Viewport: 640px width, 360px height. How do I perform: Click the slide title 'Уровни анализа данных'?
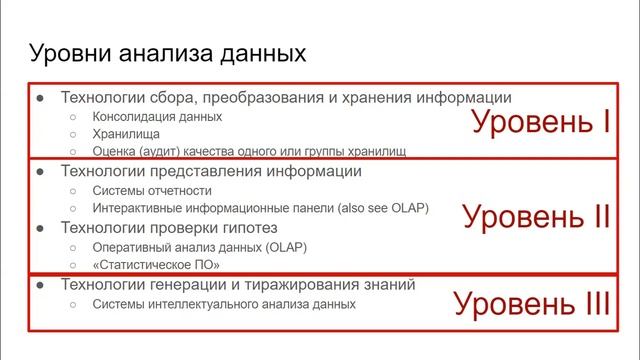(x=166, y=52)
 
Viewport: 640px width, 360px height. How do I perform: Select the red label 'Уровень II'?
(x=536, y=216)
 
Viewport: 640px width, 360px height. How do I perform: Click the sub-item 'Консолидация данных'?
(x=157, y=116)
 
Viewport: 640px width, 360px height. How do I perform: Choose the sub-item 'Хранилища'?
(x=125, y=133)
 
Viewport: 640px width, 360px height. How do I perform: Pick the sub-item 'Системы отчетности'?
(x=152, y=190)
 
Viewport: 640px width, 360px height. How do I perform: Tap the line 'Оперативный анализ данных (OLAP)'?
(x=200, y=246)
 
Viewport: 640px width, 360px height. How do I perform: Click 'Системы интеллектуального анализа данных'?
(x=223, y=302)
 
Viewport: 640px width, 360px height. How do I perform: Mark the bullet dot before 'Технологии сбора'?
(x=40, y=98)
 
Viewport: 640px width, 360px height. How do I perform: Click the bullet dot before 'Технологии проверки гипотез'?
(x=40, y=228)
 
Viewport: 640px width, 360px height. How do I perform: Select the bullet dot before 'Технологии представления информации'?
(x=40, y=172)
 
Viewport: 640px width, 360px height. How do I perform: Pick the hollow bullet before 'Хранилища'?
(x=72, y=133)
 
